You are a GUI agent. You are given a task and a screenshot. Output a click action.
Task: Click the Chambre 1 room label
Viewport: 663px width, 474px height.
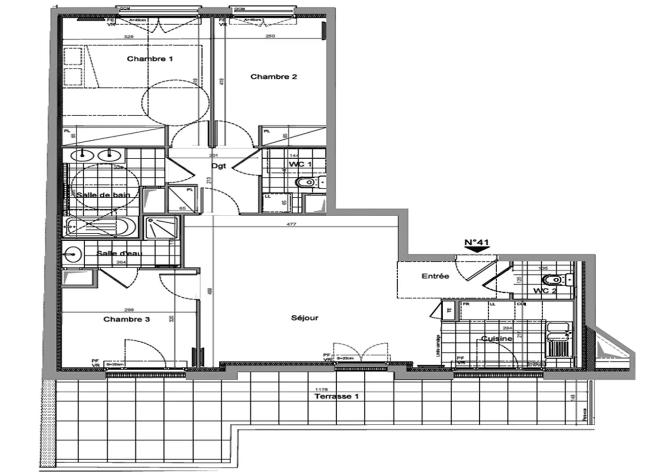pos(150,59)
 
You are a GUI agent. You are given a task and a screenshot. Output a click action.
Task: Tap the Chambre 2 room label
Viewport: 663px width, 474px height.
pos(273,76)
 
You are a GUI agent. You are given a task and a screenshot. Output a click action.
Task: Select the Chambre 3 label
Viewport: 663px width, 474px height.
pos(126,319)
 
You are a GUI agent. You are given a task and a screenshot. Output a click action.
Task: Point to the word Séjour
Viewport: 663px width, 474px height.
pos(305,318)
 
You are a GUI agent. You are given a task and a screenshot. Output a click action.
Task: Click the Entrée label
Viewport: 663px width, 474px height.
pos(435,275)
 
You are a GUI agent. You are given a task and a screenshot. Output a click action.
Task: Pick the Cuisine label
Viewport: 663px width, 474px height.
pos(497,339)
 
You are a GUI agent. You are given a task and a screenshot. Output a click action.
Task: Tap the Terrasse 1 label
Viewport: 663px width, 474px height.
pos(336,396)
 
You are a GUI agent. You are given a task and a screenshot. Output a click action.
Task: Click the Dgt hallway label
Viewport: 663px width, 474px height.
pos(219,166)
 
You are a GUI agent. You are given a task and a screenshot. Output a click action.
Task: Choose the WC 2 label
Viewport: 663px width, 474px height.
pos(545,290)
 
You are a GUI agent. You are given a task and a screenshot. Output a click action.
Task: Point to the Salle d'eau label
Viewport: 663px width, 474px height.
pos(119,253)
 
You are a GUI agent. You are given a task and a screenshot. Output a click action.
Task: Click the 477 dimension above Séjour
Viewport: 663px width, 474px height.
pos(291,224)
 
